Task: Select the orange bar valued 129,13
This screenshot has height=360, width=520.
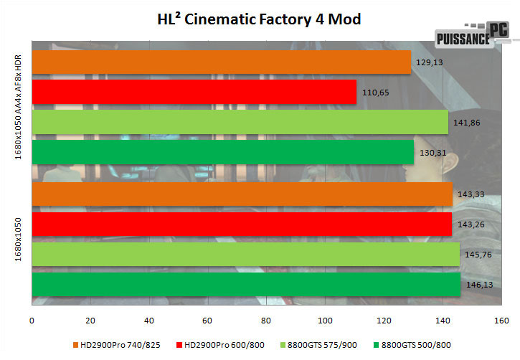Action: coord(221,62)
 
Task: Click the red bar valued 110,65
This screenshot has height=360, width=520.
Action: coord(194,92)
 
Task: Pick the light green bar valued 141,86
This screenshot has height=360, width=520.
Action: coord(240,122)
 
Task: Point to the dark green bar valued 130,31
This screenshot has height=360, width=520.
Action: coord(223,152)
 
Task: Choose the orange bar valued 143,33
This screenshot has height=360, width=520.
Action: coord(242,194)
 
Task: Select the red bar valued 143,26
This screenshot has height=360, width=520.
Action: coord(242,224)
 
